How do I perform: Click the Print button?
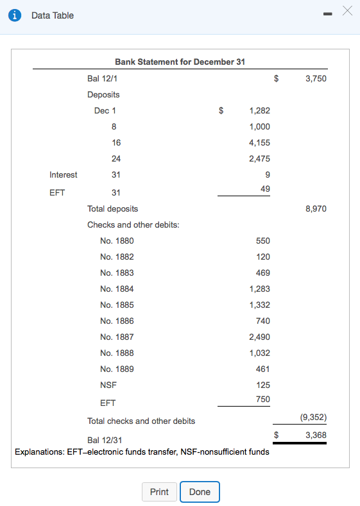pos(159,492)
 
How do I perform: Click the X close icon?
pos(348,11)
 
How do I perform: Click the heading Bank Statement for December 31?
pos(180,62)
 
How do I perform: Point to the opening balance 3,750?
pos(316,79)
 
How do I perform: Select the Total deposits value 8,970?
pos(316,208)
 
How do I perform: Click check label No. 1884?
pos(117,289)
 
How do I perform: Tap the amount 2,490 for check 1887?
pos(259,337)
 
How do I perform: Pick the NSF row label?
pos(108,385)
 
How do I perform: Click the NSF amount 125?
pos(263,385)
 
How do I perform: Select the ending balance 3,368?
pos(316,435)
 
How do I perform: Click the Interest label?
pos(64,174)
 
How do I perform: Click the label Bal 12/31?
pos(105,440)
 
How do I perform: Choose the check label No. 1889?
pos(117,369)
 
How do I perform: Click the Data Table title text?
pos(53,15)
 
